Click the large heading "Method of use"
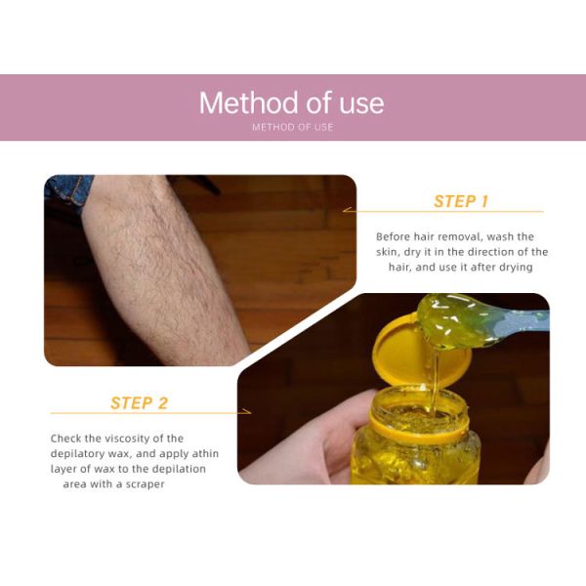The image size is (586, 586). (x=291, y=103)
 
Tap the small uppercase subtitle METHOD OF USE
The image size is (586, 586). (x=293, y=127)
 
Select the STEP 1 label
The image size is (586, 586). (x=461, y=201)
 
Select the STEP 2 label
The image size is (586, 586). (x=139, y=403)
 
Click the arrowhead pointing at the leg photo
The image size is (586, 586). (x=347, y=210)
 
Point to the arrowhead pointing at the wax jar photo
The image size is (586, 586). (x=247, y=411)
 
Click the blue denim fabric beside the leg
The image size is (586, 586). (x=67, y=190)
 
